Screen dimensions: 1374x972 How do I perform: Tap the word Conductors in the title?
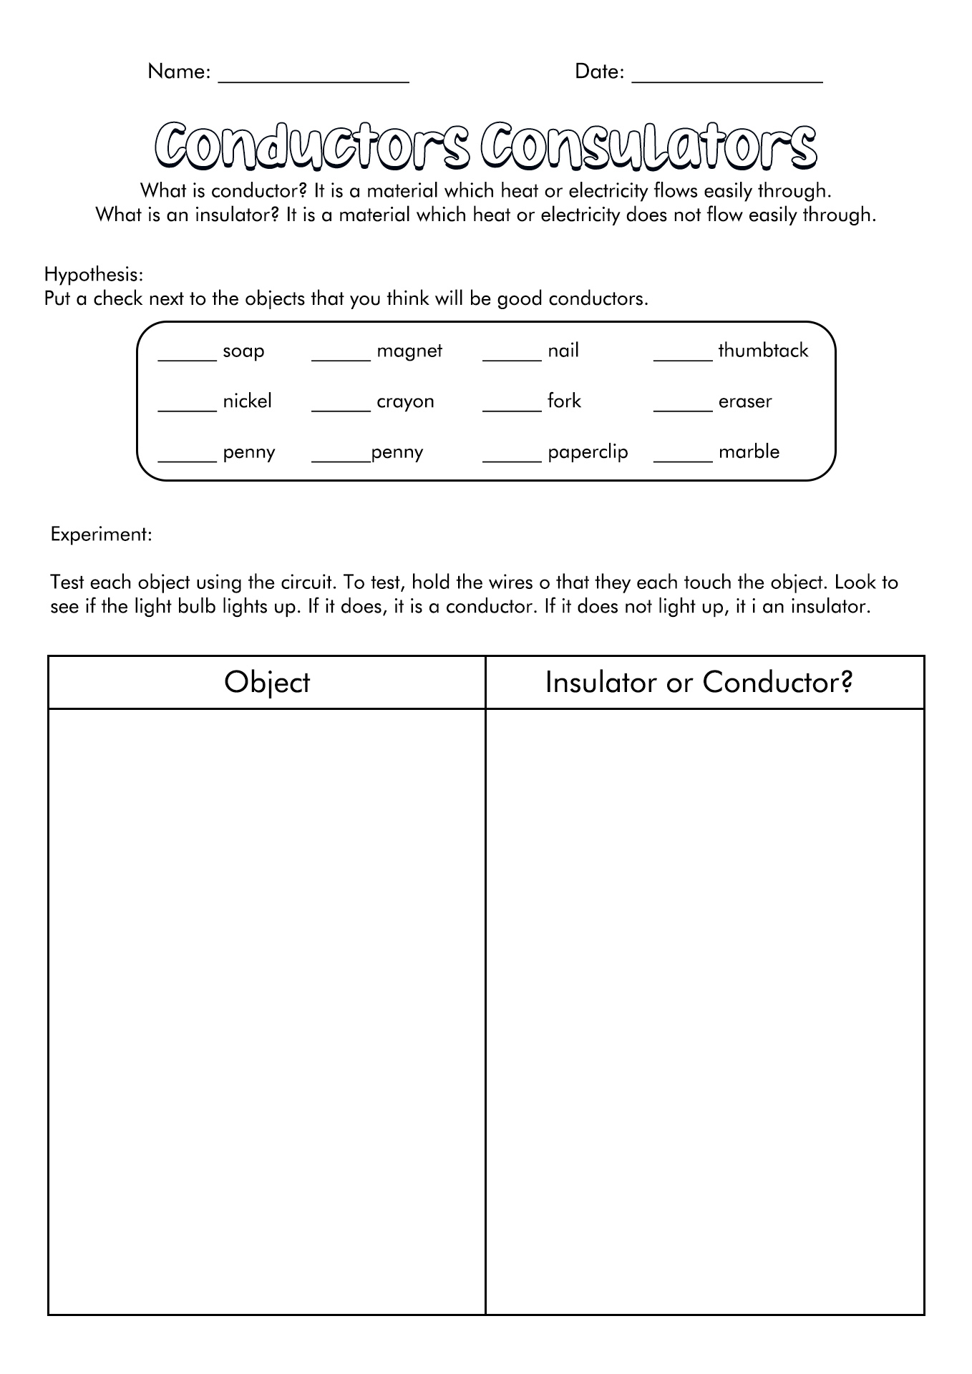point(312,146)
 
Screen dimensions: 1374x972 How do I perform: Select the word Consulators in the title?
point(648,146)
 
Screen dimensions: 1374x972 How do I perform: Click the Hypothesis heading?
point(94,274)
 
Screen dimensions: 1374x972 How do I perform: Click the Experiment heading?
point(101,535)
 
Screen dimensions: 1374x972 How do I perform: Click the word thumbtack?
point(763,351)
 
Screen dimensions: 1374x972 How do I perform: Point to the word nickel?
point(247,401)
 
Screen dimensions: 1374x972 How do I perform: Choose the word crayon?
point(405,402)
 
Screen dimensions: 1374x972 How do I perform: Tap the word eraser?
point(745,401)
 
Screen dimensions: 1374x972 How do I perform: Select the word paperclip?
point(588,453)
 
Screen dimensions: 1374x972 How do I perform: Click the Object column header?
point(267,683)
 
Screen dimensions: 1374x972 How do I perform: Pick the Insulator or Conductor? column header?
point(699,683)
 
